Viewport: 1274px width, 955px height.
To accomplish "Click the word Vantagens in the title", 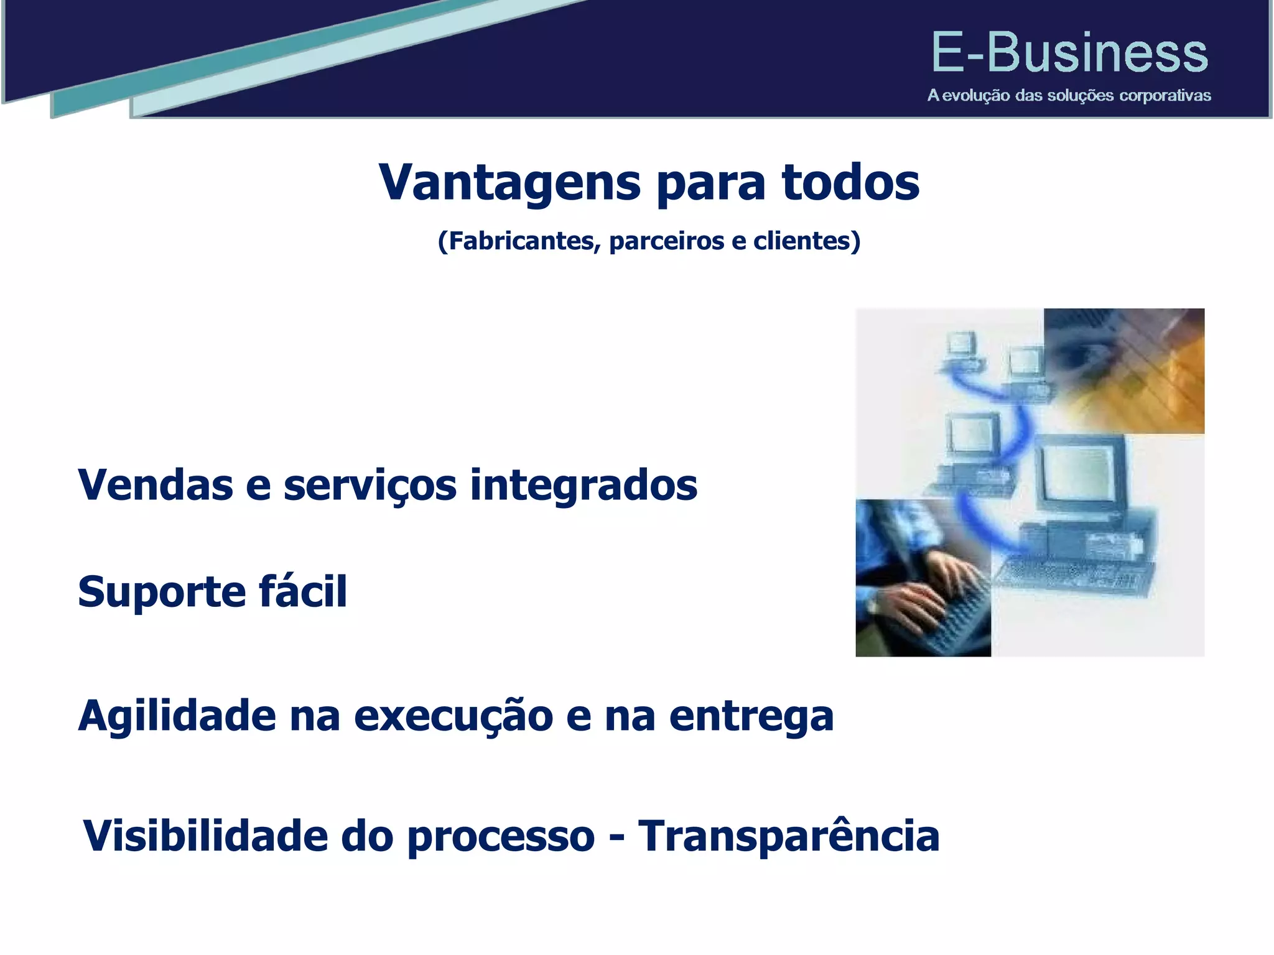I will coord(509,183).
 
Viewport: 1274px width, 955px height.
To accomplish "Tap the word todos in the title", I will coord(850,183).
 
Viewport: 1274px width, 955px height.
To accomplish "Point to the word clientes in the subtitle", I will coord(802,241).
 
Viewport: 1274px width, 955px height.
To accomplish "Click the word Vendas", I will coord(155,485).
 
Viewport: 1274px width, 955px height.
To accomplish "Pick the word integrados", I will coord(583,485).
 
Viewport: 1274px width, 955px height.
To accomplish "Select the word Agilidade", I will coord(177,716).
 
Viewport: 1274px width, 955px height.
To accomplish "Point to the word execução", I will coord(453,716).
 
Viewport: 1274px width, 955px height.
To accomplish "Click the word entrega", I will coord(751,716).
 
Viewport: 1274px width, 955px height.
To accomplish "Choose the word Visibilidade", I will coord(205,836).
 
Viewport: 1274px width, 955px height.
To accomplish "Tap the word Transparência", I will coord(789,836).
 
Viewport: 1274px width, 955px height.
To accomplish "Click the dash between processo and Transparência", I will coord(616,838).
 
